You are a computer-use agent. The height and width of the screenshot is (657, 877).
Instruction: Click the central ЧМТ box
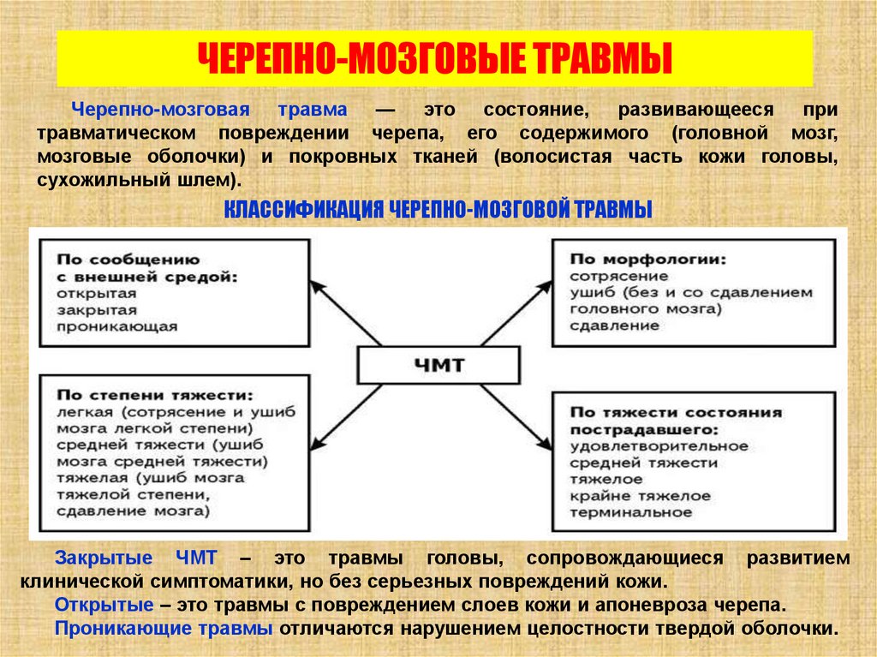click(438, 364)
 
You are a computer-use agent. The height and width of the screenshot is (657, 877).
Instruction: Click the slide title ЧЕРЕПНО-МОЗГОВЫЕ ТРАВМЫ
click(435, 58)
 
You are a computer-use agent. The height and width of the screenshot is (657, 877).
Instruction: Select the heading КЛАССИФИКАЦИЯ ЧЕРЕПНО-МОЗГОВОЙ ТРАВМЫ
click(438, 210)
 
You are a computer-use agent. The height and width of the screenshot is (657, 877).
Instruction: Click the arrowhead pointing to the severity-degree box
click(315, 445)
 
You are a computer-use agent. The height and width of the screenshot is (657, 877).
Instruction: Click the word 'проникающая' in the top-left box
click(116, 326)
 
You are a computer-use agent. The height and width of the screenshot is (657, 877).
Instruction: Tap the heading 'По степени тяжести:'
click(155, 396)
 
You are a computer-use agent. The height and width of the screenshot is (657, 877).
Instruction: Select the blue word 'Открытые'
click(104, 605)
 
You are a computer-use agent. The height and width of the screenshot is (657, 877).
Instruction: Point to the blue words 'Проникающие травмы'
click(164, 628)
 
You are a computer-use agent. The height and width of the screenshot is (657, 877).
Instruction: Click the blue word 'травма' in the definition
click(313, 110)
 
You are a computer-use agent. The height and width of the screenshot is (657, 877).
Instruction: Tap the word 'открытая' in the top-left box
click(97, 293)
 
